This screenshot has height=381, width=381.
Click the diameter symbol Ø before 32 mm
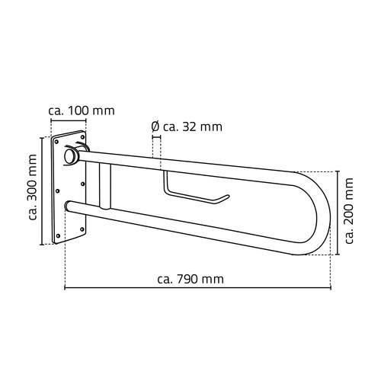pyautogui.click(x=155, y=126)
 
